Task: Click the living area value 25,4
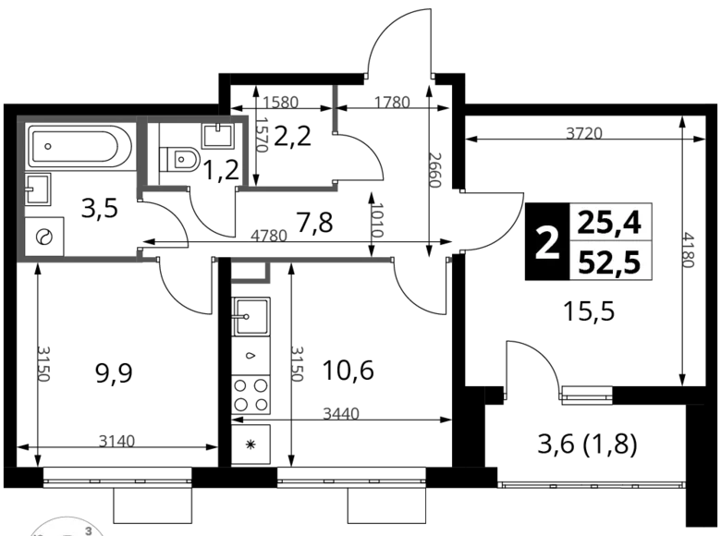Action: pos(614,223)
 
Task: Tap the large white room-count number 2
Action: pos(547,245)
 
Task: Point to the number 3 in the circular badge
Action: pos(88,531)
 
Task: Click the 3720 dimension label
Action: pos(584,133)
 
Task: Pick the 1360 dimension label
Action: pos(281,102)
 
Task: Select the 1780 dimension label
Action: pos(393,101)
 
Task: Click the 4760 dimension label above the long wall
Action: pos(269,236)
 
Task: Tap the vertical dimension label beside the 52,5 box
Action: pos(686,250)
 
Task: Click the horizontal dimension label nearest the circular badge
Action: pos(117,438)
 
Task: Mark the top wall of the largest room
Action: pos(79,120)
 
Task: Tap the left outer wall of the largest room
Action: pos(21,189)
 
